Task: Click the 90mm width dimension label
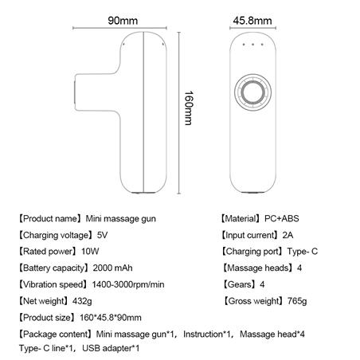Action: [x=123, y=21]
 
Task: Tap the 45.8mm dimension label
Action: [x=252, y=21]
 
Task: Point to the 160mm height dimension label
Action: [x=189, y=108]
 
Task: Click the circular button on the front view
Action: [x=253, y=92]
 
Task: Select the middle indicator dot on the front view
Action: [x=252, y=45]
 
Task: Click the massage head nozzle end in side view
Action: [x=75, y=92]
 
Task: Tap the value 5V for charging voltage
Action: [x=103, y=235]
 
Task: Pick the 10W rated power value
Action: [x=90, y=252]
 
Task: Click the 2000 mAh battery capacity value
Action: [x=112, y=268]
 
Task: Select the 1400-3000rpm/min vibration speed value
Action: [x=128, y=284]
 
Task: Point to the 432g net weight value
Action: [x=82, y=301]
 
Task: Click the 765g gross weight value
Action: [x=297, y=301]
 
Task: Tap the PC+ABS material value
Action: [x=282, y=218]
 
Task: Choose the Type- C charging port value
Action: [x=303, y=252]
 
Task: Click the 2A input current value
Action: [x=288, y=235]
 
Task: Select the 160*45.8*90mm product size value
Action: [x=111, y=318]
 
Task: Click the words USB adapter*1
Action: [x=111, y=348]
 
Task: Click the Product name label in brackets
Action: [x=49, y=219]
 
